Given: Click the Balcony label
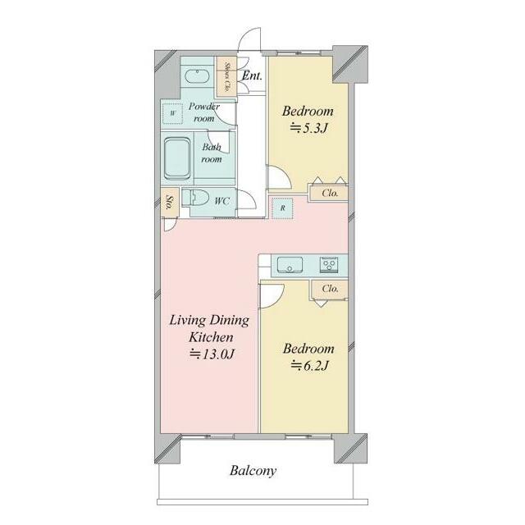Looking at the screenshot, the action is click(253, 471).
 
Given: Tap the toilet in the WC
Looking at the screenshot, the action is click(195, 198).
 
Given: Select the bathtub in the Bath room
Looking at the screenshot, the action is click(177, 159).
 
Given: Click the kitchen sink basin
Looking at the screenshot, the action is click(290, 264).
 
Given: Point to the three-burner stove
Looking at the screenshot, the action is click(328, 264).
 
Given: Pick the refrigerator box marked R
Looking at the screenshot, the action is click(282, 208).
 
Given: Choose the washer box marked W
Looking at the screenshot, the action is click(173, 113).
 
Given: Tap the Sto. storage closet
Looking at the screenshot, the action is click(170, 203).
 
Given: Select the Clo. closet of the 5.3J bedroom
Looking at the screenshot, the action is click(329, 194).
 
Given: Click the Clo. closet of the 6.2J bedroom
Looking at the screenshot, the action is click(330, 289).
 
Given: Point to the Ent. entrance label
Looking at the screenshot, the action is click(252, 75).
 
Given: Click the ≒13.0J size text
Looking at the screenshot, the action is click(212, 354).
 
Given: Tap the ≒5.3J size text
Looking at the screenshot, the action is click(308, 128).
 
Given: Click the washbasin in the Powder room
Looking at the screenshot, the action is click(197, 76).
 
